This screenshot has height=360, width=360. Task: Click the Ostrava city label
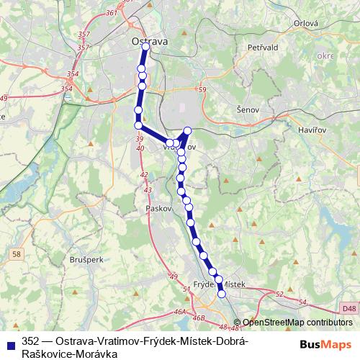pos(150,42)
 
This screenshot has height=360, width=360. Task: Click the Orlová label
pos(305,23)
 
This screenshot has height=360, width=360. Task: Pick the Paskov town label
pos(157,207)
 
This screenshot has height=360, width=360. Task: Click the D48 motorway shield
pos(349,309)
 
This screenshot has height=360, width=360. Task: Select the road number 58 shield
pos(17,253)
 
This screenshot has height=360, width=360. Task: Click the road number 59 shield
pos(202,89)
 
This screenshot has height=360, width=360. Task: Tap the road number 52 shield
pos(279,294)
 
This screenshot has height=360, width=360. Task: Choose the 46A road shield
pos(180,312)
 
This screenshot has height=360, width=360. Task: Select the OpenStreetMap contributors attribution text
pos(297,323)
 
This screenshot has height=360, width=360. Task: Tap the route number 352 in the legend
pos(30,341)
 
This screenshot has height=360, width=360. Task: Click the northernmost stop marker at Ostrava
pos(145,46)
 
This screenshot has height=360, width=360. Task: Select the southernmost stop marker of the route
pos(222,294)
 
